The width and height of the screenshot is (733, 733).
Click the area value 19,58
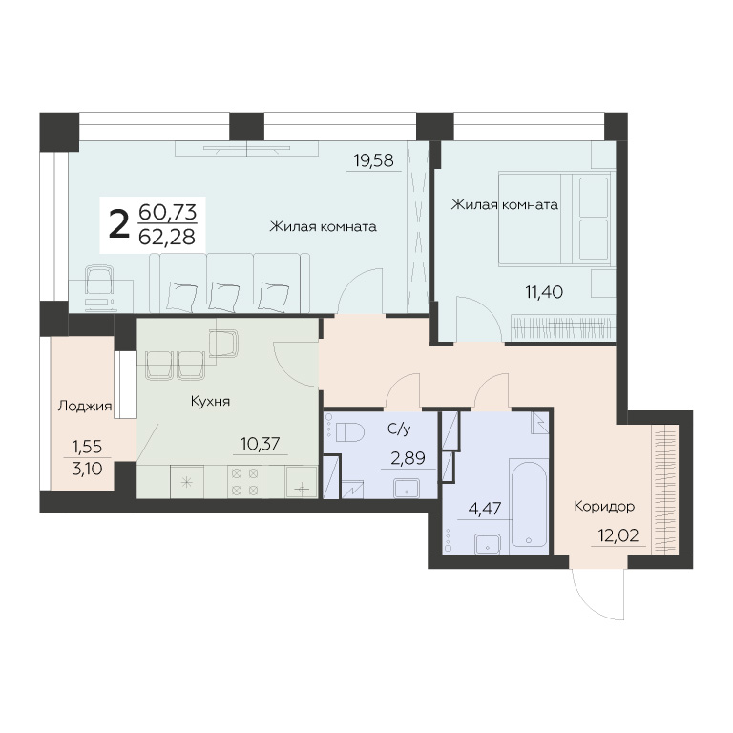point(374,160)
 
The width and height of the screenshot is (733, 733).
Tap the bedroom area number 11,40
point(544,292)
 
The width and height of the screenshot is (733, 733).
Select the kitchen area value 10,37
point(260,444)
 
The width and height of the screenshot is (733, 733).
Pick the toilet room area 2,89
point(408,458)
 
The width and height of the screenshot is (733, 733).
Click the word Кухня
point(210,401)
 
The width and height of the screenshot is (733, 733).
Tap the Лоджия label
point(85,406)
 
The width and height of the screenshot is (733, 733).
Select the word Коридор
point(604,506)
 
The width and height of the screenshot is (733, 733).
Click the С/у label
point(399,429)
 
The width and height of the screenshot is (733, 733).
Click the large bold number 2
point(118,224)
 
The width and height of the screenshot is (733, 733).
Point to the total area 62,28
point(167,237)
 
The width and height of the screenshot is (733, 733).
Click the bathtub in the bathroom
point(529,504)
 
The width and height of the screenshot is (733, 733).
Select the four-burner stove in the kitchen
point(245,482)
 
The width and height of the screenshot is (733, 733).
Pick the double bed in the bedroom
point(555,220)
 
